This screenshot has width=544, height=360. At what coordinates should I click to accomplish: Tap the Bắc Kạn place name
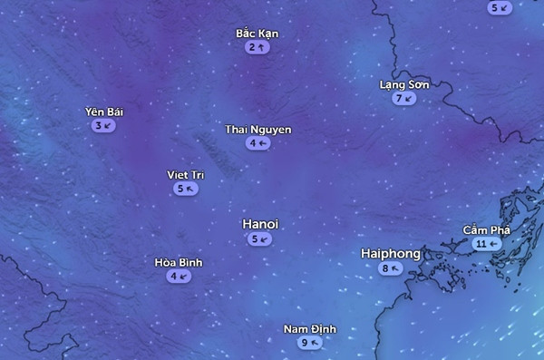(257, 34)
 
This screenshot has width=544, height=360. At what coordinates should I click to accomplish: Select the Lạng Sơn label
(403, 84)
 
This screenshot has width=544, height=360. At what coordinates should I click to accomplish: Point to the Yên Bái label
(103, 112)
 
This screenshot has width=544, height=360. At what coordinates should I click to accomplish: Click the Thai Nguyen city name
(258, 130)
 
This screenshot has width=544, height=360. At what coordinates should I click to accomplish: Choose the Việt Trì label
(185, 174)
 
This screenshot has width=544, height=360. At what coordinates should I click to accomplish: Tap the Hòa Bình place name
(179, 262)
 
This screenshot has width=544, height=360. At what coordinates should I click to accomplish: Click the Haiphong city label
(391, 253)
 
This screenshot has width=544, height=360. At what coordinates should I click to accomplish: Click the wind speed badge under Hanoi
(258, 239)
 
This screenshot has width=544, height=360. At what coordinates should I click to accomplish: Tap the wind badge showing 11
(486, 244)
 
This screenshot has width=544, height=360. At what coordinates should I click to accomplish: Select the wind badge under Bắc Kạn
(257, 47)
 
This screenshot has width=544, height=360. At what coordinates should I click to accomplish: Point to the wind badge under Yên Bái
(103, 125)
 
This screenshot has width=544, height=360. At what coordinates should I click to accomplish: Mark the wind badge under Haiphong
(391, 268)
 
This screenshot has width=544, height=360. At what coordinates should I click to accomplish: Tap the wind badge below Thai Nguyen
(257, 143)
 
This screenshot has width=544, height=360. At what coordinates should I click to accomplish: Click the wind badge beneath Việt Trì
(185, 189)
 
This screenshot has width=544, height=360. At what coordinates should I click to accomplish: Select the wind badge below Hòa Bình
(179, 276)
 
